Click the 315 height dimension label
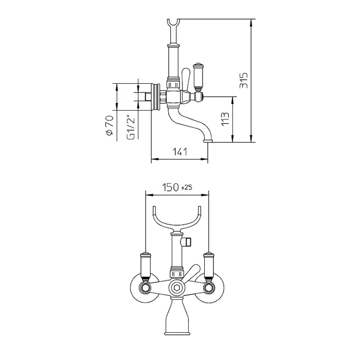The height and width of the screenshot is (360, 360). click(x=244, y=81)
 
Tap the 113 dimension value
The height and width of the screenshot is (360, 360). click(x=225, y=119)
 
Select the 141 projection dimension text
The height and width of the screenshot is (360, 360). click(x=180, y=152)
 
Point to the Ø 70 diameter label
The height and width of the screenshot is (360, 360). click(x=110, y=125)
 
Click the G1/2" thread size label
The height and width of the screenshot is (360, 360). click(x=131, y=127)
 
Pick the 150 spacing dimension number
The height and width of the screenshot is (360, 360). click(x=170, y=187)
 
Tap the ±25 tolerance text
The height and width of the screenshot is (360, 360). click(x=187, y=188)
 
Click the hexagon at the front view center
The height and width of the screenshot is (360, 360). click(x=177, y=287)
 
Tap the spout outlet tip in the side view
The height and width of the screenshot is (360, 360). click(x=208, y=141)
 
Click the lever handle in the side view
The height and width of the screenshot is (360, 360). click(x=198, y=77)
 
